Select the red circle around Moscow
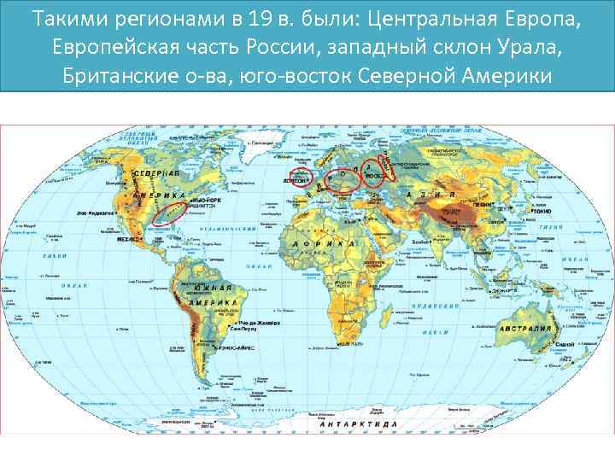[373, 172]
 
